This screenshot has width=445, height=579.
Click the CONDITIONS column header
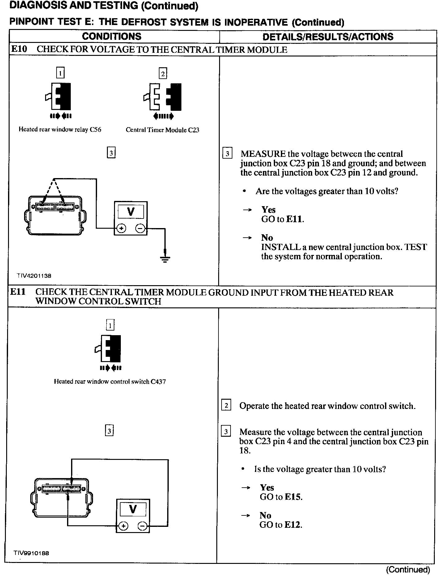[x=112, y=36]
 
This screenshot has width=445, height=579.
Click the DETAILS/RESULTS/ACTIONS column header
[x=328, y=37]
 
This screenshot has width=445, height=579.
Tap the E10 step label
[x=19, y=49]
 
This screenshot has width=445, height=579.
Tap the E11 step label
[x=18, y=292]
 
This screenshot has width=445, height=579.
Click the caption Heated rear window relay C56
[x=60, y=130]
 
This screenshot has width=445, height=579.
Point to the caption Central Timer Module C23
[x=162, y=130]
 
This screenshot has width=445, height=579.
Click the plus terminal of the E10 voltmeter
[x=121, y=228]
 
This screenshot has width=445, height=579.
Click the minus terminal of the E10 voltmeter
[x=140, y=228]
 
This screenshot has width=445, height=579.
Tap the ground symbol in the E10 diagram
[x=166, y=258]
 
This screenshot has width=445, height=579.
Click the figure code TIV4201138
[x=34, y=276]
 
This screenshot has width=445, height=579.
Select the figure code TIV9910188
[x=31, y=553]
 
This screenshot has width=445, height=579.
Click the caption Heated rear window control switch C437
[x=110, y=382]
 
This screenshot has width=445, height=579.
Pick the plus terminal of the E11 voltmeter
[x=123, y=526]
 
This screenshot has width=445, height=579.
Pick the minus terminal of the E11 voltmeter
[x=142, y=526]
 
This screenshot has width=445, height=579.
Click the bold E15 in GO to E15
[x=293, y=497]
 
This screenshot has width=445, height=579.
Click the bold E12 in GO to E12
[x=292, y=525]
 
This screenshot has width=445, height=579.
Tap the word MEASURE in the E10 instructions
[x=263, y=154]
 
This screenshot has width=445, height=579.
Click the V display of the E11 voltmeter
[x=133, y=509]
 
